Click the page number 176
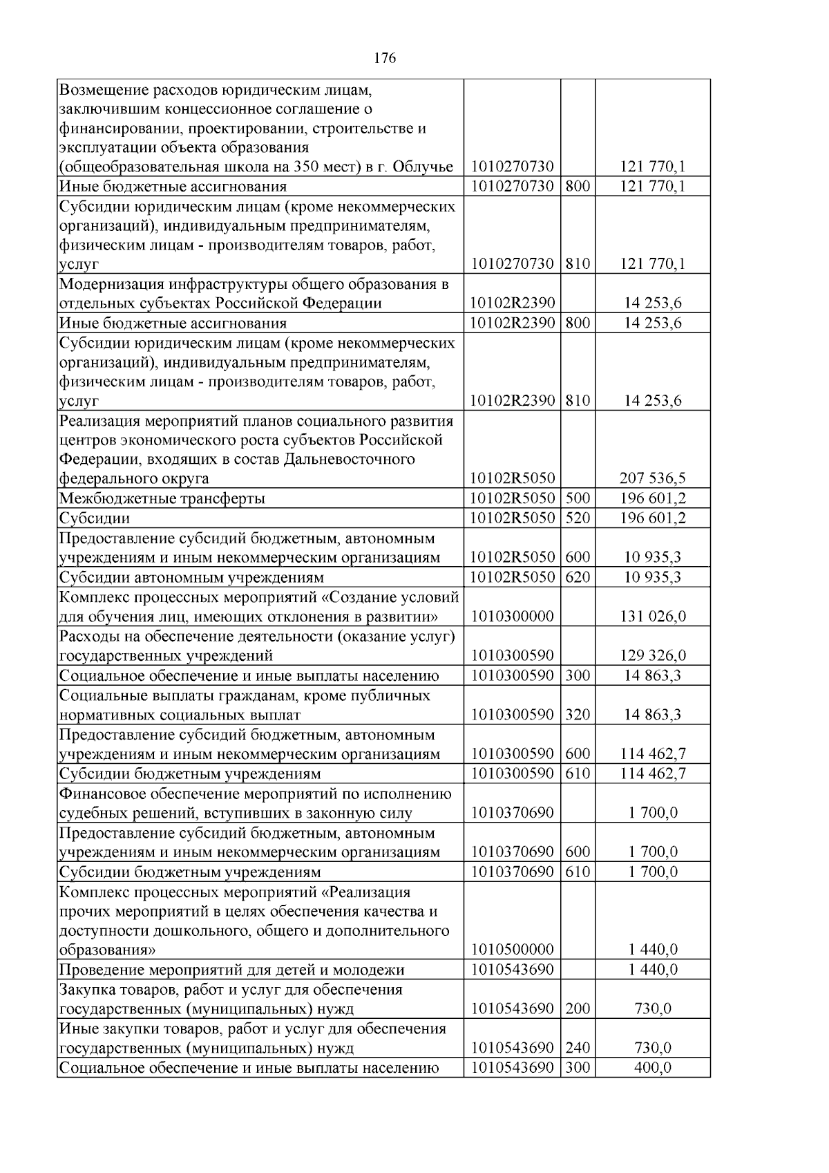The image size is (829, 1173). click(385, 59)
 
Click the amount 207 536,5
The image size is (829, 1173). click(652, 478)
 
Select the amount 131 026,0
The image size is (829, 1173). click(652, 616)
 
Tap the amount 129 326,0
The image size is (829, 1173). click(652, 655)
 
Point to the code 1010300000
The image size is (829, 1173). click(512, 616)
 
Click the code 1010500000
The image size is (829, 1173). click(512, 950)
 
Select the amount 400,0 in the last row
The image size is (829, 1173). click(652, 1068)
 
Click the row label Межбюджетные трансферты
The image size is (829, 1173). click(162, 498)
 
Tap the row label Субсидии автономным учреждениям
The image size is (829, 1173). click(191, 577)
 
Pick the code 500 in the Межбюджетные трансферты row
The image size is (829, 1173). click(578, 498)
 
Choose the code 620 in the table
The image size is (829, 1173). click(578, 577)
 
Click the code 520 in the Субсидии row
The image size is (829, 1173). click(578, 518)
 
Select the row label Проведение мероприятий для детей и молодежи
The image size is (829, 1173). click(231, 970)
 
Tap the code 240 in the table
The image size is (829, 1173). click(578, 1049)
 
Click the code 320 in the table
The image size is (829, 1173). click(578, 715)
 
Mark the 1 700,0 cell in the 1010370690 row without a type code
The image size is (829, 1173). click(652, 813)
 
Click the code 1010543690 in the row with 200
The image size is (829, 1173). click(512, 1009)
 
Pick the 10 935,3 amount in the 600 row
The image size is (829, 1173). click(652, 557)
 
